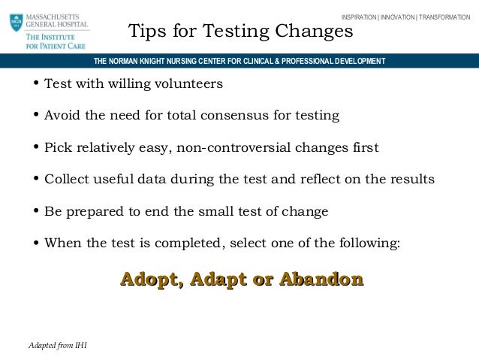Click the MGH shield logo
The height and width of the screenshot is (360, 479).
click(16, 22)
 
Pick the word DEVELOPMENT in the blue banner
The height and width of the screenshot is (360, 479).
click(353, 61)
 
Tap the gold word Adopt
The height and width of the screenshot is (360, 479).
click(151, 280)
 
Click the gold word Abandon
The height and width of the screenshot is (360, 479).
click(321, 280)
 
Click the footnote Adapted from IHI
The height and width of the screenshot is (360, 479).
click(56, 344)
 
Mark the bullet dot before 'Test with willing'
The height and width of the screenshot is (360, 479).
click(35, 84)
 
